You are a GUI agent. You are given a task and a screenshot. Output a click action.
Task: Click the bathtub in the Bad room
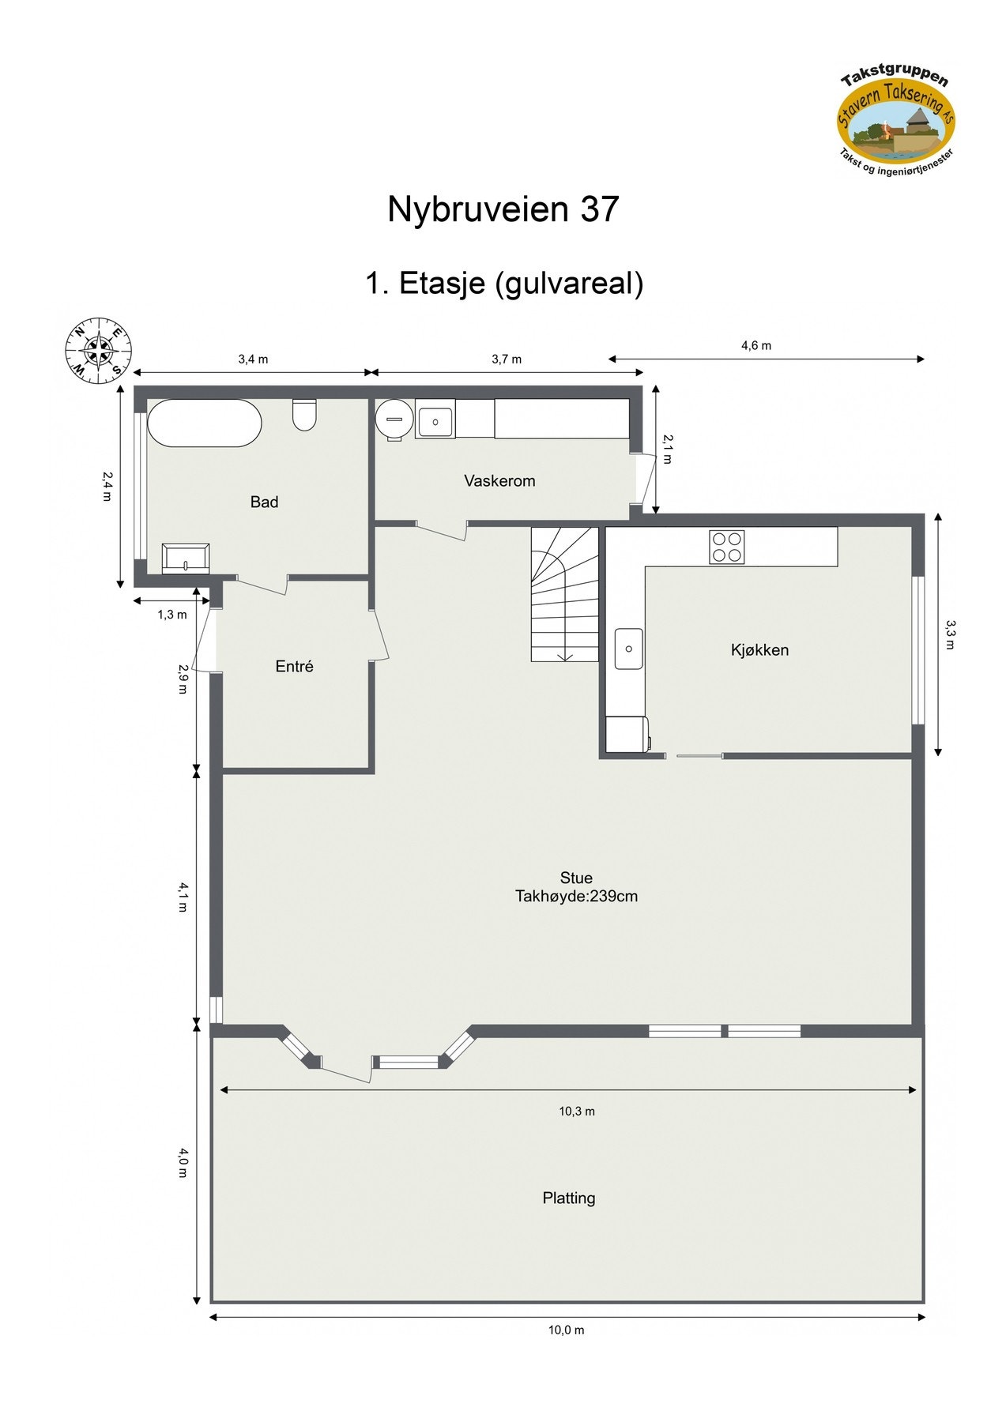pos(205,423)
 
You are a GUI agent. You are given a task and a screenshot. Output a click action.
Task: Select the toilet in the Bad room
pos(304,415)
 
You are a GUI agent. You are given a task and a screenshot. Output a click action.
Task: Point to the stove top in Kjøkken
pos(727,547)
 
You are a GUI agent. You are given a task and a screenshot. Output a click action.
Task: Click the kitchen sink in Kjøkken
pos(629,649)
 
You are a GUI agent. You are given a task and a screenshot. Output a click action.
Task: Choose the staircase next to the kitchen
pos(564,594)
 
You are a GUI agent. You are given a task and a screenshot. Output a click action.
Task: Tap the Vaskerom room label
pos(499,480)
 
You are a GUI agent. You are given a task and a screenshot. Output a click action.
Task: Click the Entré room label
pos(294,667)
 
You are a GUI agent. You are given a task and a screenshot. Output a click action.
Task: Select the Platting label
pos(569,1198)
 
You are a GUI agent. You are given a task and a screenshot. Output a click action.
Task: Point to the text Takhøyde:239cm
pos(576,897)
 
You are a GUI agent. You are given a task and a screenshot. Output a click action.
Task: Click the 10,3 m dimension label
pos(577,1112)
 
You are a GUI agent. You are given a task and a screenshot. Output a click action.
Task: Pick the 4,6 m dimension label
pos(756,345)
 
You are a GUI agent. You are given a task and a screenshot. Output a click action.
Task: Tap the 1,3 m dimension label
pos(172,615)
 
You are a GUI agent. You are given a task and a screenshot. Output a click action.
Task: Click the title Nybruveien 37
pos(503,209)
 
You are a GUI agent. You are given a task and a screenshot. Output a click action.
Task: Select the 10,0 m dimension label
pos(567,1330)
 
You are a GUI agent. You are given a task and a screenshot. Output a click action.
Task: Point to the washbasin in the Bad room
pos(186,558)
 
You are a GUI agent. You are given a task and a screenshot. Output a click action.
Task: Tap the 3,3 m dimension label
pos(950,634)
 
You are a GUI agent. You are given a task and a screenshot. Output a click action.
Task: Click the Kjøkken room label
pos(759,650)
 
